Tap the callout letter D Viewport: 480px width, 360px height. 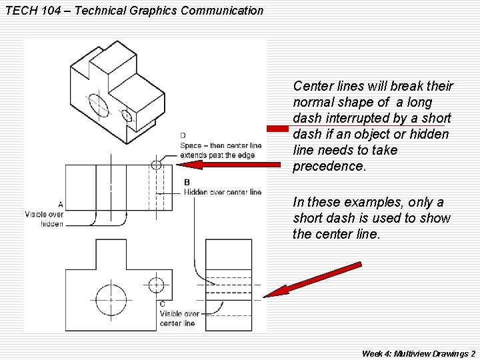coord(183,136)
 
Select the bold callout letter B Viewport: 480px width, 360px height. coord(187,182)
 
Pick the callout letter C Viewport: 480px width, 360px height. coord(163,304)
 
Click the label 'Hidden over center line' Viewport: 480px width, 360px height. coord(223,192)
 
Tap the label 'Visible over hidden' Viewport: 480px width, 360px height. coord(44,219)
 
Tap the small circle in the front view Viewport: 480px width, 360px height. coord(156,285)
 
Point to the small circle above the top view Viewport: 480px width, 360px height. coord(156,165)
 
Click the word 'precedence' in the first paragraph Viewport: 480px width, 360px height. coord(329,167)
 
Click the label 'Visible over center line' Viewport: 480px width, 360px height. coord(179,318)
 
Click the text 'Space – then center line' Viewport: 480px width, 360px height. coord(221,145)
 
